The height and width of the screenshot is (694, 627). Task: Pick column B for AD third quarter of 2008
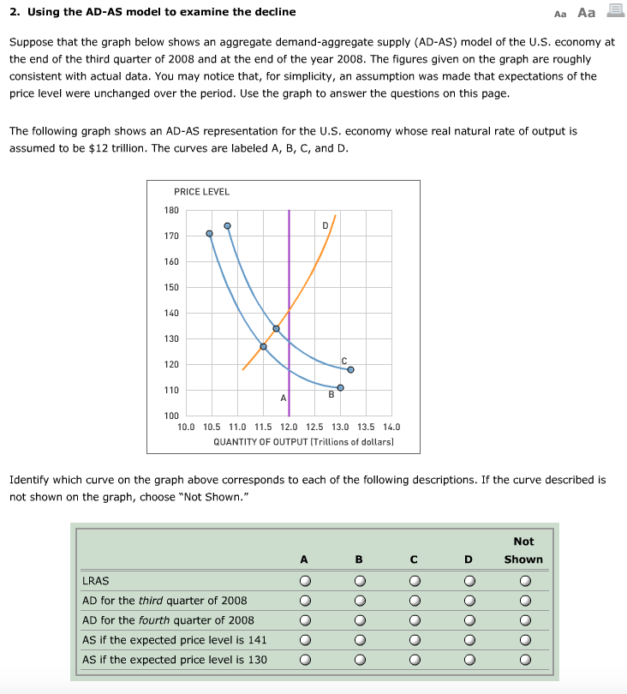point(359,601)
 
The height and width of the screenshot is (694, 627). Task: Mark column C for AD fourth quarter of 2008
point(414,620)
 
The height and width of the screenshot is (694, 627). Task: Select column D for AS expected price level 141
point(469,640)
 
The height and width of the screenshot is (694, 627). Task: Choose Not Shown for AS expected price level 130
point(523,660)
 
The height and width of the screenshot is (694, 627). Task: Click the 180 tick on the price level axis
point(171,210)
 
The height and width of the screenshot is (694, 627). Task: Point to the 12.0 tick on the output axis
point(289,427)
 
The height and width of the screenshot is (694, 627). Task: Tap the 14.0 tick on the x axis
point(391,427)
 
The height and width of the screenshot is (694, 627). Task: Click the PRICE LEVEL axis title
point(201,192)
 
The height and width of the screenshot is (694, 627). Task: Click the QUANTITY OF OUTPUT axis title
point(303,442)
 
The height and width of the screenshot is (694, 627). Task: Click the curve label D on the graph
point(325,226)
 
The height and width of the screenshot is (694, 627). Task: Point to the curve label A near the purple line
point(283,398)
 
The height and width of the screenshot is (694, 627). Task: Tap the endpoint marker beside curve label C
point(350,370)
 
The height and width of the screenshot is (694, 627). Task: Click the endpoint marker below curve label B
point(340,387)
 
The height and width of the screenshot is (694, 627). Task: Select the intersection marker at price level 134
point(276,328)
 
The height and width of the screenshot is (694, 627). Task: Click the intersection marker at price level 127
point(263,346)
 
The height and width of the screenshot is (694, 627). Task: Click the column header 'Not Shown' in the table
point(523,550)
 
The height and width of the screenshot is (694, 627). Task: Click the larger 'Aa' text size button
point(586,12)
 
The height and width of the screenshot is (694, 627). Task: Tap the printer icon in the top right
point(613,11)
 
